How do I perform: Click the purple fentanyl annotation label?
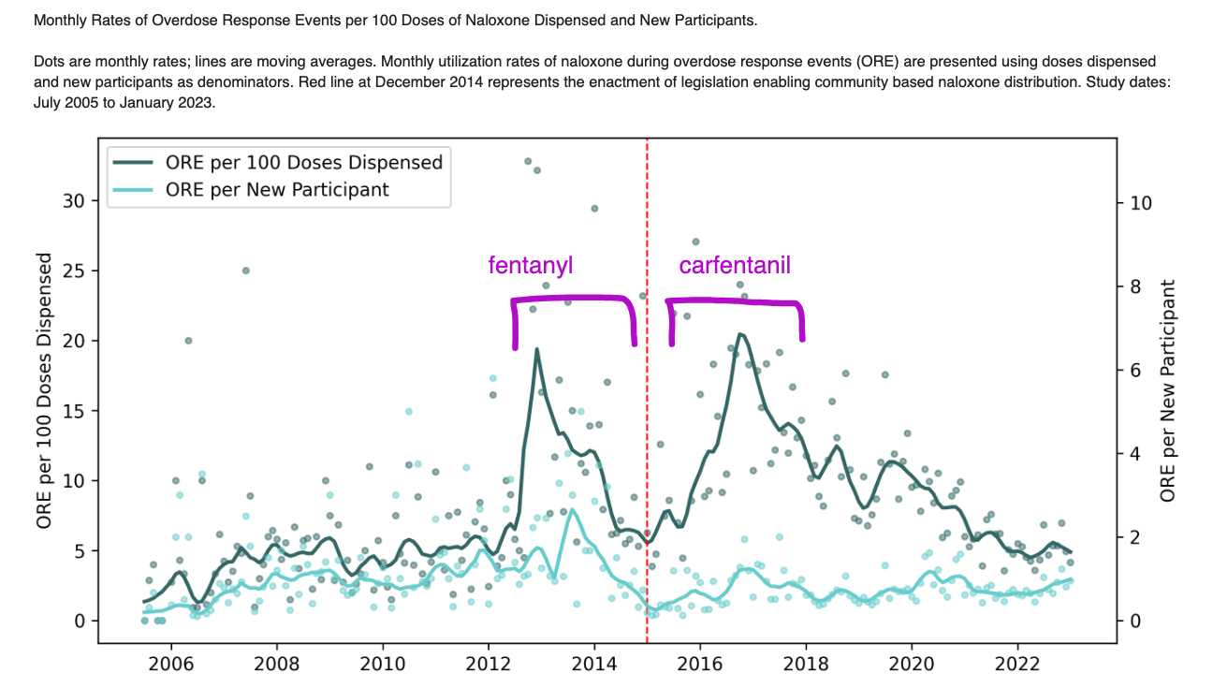pyautogui.click(x=530, y=266)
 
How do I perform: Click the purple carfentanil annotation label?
pyautogui.click(x=735, y=266)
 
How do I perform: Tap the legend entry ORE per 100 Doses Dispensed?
pyautogui.click(x=303, y=162)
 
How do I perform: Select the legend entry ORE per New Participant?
pyautogui.click(x=277, y=189)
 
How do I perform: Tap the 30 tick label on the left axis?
pyautogui.click(x=74, y=201)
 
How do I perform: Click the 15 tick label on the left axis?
pyautogui.click(x=74, y=411)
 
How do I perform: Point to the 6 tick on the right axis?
pyautogui.click(x=1134, y=371)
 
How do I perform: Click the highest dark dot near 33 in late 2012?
pyautogui.click(x=528, y=162)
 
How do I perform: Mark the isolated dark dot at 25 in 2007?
pyautogui.click(x=245, y=271)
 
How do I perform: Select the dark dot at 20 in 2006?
pyautogui.click(x=188, y=341)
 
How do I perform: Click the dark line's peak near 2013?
pyautogui.click(x=536, y=349)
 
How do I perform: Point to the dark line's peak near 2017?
pyautogui.click(x=739, y=334)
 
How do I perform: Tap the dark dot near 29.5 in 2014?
pyautogui.click(x=594, y=208)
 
